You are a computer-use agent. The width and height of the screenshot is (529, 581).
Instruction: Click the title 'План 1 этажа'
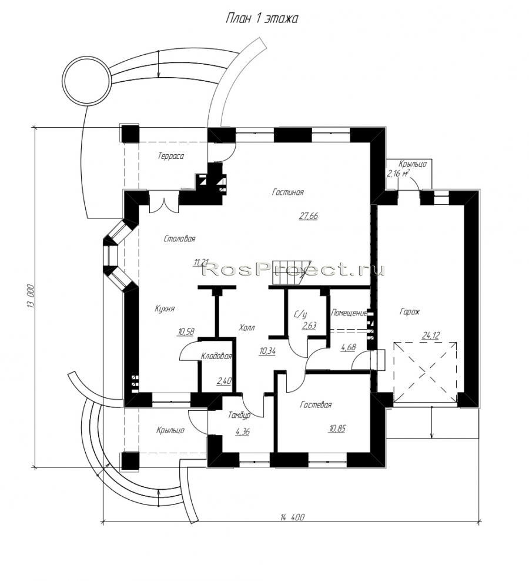[262, 18]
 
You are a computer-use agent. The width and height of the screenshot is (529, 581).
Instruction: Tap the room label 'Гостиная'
[288, 192]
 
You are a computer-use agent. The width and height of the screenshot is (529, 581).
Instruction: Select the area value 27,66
[308, 215]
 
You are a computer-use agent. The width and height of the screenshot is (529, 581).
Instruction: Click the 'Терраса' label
[170, 156]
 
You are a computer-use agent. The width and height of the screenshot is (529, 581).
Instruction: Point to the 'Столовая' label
[179, 238]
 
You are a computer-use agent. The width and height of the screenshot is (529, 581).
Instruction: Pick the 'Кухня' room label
[165, 308]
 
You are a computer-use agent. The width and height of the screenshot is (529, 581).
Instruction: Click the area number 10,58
[186, 331]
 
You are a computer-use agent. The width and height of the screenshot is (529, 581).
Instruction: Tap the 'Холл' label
[247, 327]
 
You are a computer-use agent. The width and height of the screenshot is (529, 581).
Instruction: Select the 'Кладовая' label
[216, 356]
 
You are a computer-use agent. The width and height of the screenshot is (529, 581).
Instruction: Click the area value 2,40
[224, 380]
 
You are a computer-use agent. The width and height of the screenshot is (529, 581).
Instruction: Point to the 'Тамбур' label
[239, 416]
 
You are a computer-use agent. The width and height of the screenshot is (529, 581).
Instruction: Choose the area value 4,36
[242, 431]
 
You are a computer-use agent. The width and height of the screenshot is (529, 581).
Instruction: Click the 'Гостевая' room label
[316, 404]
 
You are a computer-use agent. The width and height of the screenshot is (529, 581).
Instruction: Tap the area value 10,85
[337, 429]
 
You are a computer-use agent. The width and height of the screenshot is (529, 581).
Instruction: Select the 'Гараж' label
[410, 311]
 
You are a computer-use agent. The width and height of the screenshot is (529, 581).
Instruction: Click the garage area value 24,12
[431, 336]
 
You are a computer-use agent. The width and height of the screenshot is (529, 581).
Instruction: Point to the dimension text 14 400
[292, 517]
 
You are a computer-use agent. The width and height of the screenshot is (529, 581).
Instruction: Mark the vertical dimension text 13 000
[31, 296]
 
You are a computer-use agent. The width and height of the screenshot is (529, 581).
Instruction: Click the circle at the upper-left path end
[86, 81]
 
